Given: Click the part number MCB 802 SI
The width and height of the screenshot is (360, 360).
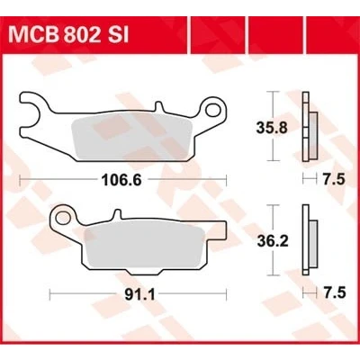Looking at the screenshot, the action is (68, 36).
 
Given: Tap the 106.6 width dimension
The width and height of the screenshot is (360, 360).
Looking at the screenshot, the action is (121, 180).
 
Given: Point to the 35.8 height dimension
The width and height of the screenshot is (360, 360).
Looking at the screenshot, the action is (272, 128).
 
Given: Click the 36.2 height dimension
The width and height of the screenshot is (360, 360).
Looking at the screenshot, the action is (273, 241).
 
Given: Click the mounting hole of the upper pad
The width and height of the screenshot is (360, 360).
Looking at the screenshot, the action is (213, 110).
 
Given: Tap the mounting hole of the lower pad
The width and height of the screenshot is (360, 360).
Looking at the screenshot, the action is (63, 218).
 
